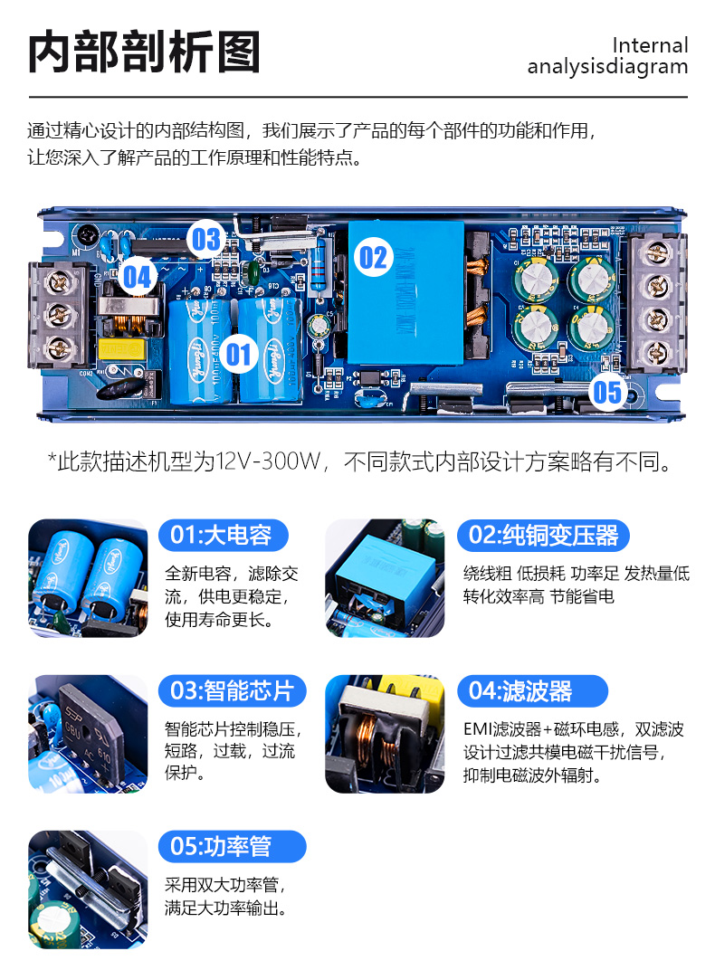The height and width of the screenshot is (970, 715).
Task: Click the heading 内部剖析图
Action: click(x=144, y=52)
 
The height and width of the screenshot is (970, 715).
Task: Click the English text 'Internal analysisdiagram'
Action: click(x=607, y=56)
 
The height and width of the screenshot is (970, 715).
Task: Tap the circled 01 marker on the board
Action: click(x=239, y=355)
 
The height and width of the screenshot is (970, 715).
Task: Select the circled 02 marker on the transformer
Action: click(x=373, y=257)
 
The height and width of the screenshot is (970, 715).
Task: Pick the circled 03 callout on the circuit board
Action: click(x=206, y=239)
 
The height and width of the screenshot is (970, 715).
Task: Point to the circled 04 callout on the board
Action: click(x=138, y=276)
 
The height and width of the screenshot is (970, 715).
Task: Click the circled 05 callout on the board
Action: click(x=606, y=392)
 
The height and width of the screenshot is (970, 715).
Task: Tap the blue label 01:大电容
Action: click(x=224, y=535)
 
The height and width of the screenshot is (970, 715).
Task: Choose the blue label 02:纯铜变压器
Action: click(x=543, y=535)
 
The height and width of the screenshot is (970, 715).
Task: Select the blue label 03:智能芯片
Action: click(x=232, y=691)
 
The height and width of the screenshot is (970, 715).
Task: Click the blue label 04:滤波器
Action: click(x=532, y=691)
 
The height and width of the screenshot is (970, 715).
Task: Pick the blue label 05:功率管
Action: click(x=232, y=846)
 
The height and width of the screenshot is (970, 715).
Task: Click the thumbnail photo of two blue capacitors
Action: click(x=88, y=578)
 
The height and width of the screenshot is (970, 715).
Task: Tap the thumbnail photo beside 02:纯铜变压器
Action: click(x=385, y=578)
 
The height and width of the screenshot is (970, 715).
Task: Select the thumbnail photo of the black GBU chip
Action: click(x=88, y=734)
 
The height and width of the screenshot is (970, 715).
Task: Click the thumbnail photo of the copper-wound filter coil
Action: click(x=385, y=734)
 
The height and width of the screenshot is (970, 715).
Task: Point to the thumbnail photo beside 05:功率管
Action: click(x=88, y=889)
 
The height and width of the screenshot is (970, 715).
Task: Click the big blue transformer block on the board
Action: click(x=405, y=292)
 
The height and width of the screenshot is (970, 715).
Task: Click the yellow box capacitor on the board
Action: click(x=121, y=349)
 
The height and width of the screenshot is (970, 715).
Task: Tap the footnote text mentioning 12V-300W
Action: click(x=359, y=461)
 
